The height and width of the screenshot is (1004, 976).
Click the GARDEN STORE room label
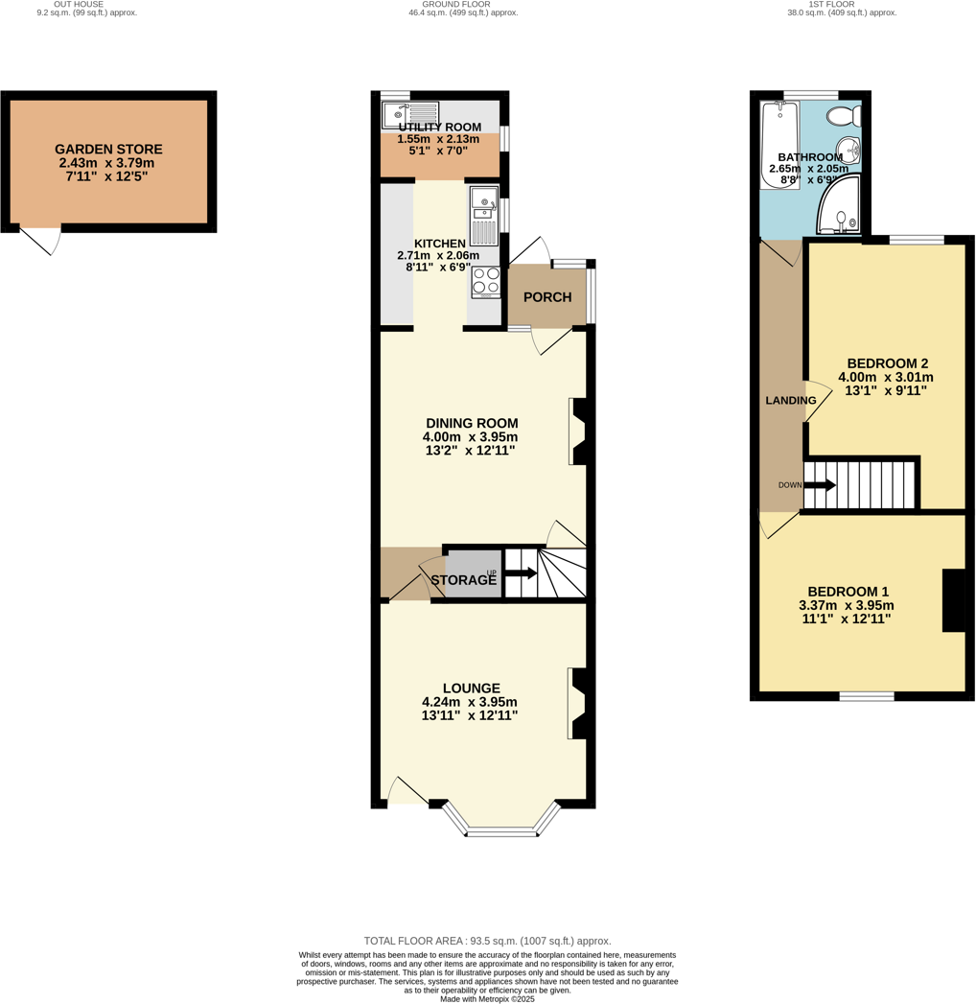tap(108, 150)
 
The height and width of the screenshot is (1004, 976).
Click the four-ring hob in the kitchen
tap(485, 280)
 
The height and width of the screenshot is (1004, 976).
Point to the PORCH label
tap(547, 297)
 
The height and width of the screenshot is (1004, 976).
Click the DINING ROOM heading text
tap(472, 422)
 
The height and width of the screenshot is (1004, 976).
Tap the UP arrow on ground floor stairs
tap(520, 573)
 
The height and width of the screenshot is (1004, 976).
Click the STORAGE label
tap(463, 580)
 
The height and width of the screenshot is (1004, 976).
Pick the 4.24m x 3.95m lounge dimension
tap(471, 702)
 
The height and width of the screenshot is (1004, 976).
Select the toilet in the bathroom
tap(844, 117)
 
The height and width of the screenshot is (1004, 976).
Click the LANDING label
tap(790, 400)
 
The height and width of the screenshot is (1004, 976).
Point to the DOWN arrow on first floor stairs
tap(820, 485)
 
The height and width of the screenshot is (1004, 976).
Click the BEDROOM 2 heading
tap(887, 363)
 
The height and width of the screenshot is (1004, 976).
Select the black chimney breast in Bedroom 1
tap(954, 600)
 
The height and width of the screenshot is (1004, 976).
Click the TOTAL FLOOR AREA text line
tap(487, 941)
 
